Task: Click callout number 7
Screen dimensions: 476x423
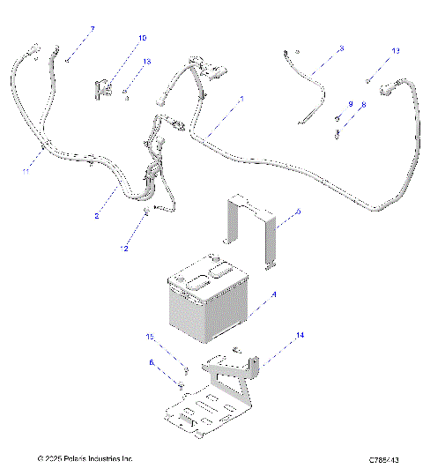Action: point(93,29)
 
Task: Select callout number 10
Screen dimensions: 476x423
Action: point(143,38)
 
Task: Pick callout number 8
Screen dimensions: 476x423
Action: point(362,104)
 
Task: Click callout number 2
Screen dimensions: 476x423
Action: point(97,216)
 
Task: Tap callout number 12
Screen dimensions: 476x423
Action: point(124,249)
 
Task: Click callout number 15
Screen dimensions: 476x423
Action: point(150,338)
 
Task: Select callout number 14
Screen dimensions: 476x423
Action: point(300,336)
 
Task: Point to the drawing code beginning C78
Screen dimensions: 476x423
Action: point(386,460)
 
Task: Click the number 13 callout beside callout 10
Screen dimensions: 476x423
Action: point(147,62)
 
